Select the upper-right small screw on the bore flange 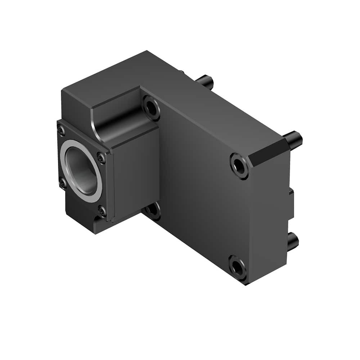[102, 157]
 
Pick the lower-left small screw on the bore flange [63, 183]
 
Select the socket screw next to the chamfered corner [239, 165]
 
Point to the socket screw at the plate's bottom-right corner [238, 267]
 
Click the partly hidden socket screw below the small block [154, 211]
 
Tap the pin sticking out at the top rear [206, 81]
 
